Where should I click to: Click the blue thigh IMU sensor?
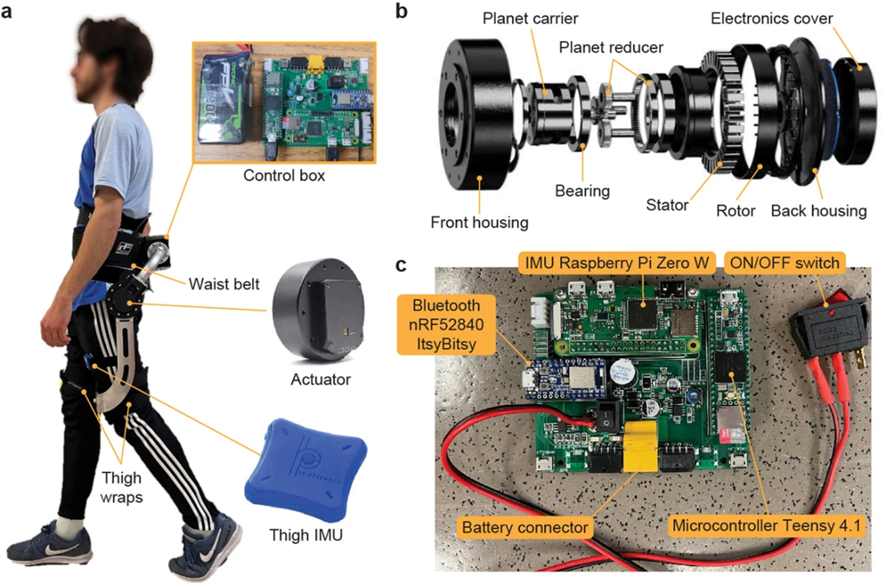(296, 470)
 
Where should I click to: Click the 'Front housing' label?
(480, 222)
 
